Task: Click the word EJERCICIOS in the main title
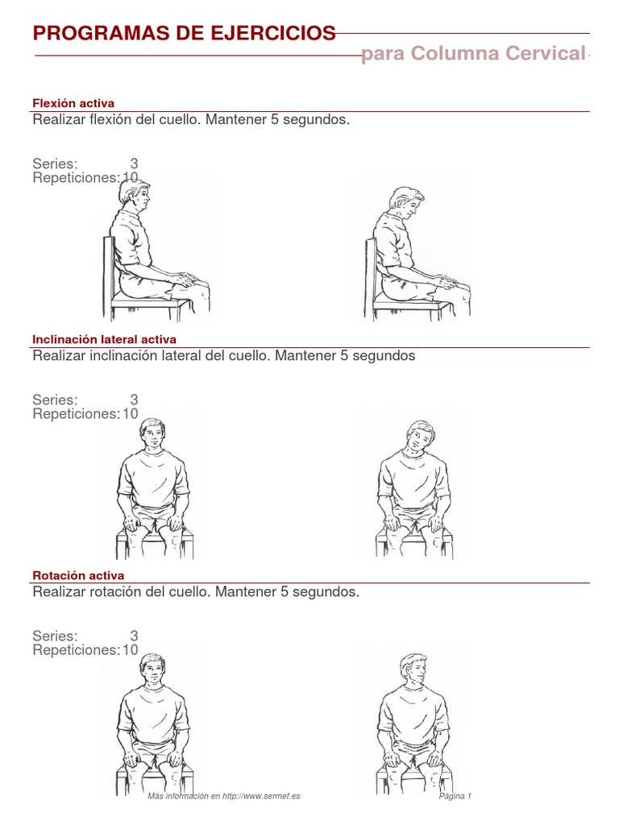(x=273, y=33)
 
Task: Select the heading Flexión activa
(x=73, y=103)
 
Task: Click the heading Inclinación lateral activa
(x=104, y=339)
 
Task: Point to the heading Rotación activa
(x=78, y=575)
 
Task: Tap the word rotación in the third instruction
(x=116, y=592)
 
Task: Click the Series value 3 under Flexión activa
(x=135, y=164)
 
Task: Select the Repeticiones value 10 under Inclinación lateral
(x=131, y=414)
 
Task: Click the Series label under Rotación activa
(x=55, y=636)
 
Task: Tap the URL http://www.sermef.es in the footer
(x=261, y=796)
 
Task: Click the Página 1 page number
(x=455, y=796)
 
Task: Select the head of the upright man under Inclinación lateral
(x=152, y=434)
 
